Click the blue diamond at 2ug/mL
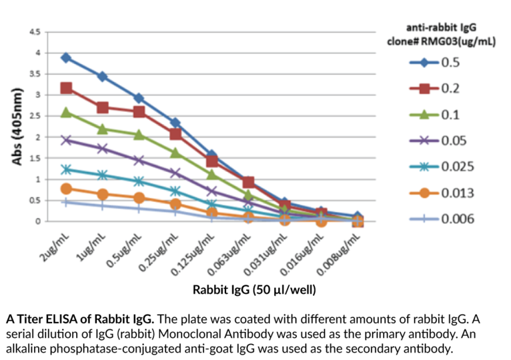click(x=66, y=58)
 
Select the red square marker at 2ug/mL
click(x=66, y=88)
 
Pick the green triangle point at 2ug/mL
click(x=66, y=112)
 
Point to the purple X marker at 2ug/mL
click(x=66, y=140)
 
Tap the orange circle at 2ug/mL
click(x=66, y=189)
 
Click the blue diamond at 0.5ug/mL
click(x=139, y=99)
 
